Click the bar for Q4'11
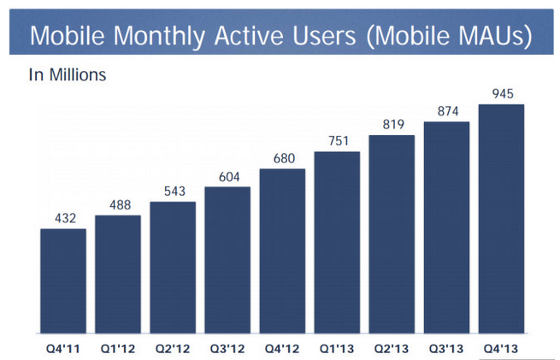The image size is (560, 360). click(63, 281)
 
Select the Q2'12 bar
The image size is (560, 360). click(173, 268)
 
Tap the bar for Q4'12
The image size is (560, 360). click(282, 251)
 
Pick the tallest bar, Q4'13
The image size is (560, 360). click(501, 219)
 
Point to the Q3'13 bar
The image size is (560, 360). click(447, 227)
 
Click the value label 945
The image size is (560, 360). click(503, 93)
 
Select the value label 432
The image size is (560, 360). click(65, 218)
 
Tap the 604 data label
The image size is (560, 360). click(229, 177)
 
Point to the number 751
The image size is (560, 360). click(339, 141)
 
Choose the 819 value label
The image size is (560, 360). click(393, 124)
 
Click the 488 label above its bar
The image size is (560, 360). click(120, 204)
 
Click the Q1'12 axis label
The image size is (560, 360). click(118, 349)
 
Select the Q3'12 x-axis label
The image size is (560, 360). click(227, 349)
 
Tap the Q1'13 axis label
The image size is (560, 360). click(337, 349)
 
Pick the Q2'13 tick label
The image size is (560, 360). click(392, 349)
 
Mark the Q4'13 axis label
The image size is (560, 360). click(501, 349)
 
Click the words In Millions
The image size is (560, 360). click(68, 75)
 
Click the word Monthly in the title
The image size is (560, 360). click(160, 37)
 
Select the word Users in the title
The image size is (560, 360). click(324, 36)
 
